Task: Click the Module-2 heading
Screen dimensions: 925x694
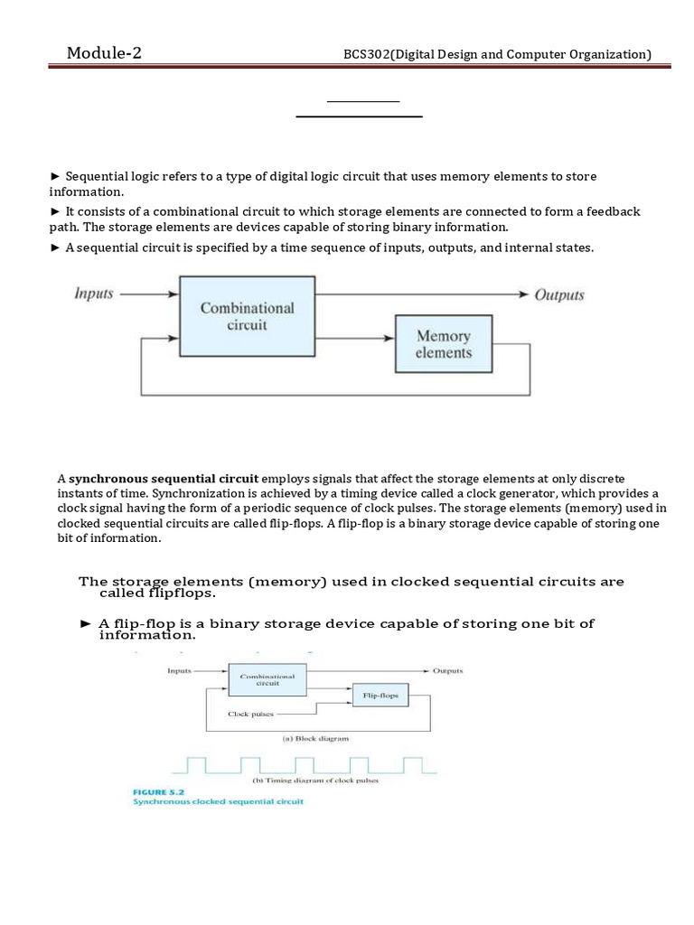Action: (x=104, y=53)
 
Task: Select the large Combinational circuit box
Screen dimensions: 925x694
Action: (x=247, y=317)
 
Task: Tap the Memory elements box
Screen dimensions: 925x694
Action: (x=443, y=344)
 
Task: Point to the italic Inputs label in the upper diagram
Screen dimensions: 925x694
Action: (x=94, y=294)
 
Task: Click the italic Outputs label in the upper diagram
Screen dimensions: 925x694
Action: (x=559, y=294)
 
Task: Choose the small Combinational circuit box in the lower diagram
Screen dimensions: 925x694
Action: (x=267, y=679)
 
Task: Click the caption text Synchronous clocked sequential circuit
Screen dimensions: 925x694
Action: (x=218, y=802)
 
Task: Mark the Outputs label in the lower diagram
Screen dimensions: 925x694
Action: (x=447, y=671)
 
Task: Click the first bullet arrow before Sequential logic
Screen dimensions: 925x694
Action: (x=54, y=176)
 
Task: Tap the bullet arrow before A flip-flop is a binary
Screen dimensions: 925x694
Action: (x=86, y=624)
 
